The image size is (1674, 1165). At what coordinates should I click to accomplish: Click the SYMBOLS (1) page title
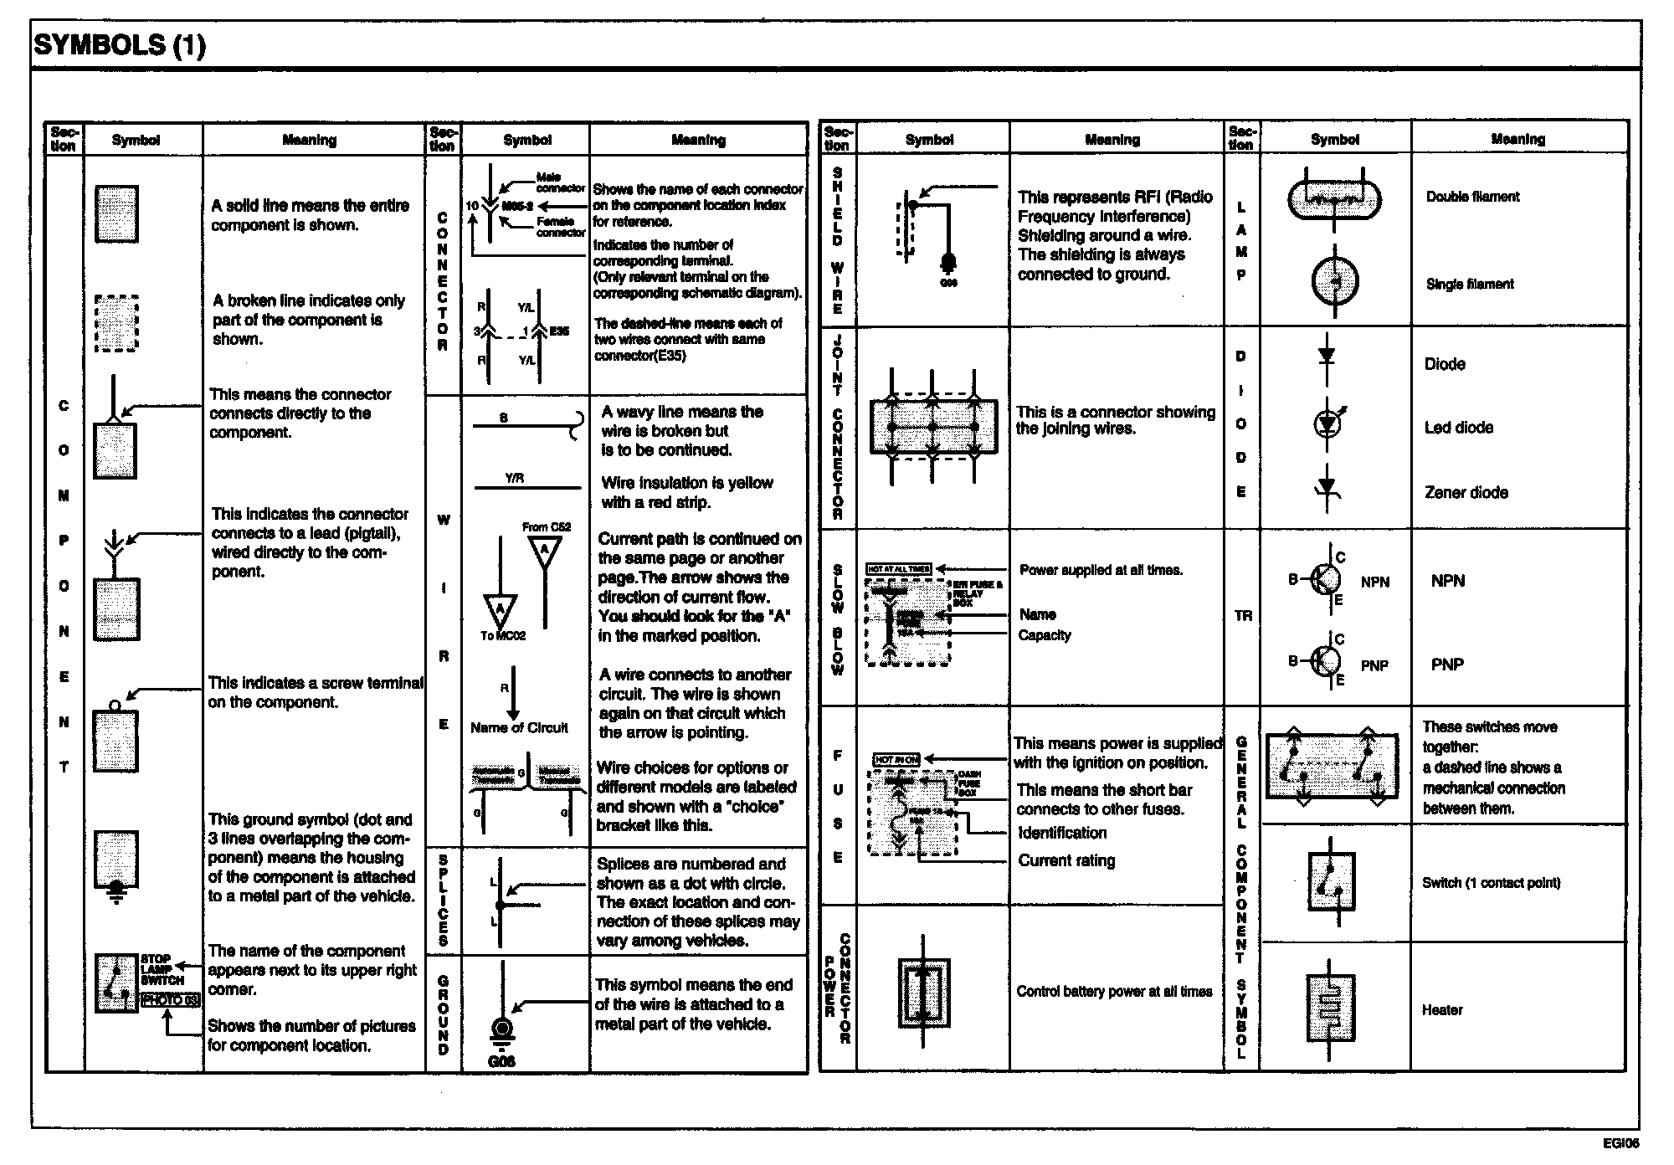(120, 44)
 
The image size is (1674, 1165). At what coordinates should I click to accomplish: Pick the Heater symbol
(1331, 1008)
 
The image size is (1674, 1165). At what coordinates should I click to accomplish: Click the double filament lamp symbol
(1334, 201)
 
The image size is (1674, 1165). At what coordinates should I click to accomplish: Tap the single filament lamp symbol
(1335, 281)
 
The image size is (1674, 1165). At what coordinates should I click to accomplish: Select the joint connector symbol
(932, 427)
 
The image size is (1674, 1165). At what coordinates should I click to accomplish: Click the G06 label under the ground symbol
(501, 1061)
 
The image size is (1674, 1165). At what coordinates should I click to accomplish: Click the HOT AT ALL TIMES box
(898, 569)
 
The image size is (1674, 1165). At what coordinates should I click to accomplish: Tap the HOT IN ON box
(896, 760)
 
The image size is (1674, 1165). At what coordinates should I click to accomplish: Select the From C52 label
(547, 526)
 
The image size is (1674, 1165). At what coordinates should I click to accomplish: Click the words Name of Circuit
(519, 727)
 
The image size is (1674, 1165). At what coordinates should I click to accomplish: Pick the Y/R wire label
(515, 478)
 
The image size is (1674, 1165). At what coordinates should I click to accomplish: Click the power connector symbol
(924, 993)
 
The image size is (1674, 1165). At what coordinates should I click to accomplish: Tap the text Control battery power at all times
(1114, 992)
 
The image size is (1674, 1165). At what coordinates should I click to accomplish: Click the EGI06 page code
(1620, 1143)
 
